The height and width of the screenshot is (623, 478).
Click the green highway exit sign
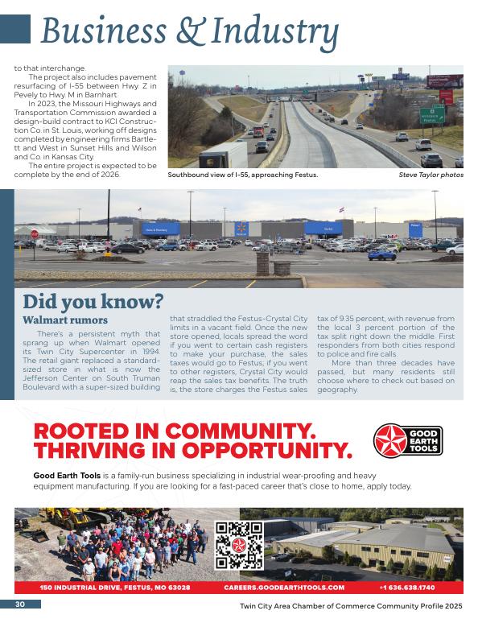432,115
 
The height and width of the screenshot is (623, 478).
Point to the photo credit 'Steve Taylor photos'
431,175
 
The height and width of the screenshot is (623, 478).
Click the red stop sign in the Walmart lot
35,234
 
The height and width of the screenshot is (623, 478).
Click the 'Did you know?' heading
93,302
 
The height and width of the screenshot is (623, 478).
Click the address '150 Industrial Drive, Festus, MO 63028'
115,588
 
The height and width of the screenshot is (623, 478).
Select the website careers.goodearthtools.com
284,588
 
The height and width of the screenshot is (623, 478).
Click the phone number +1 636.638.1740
406,588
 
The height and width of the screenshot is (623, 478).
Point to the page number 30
19,604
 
